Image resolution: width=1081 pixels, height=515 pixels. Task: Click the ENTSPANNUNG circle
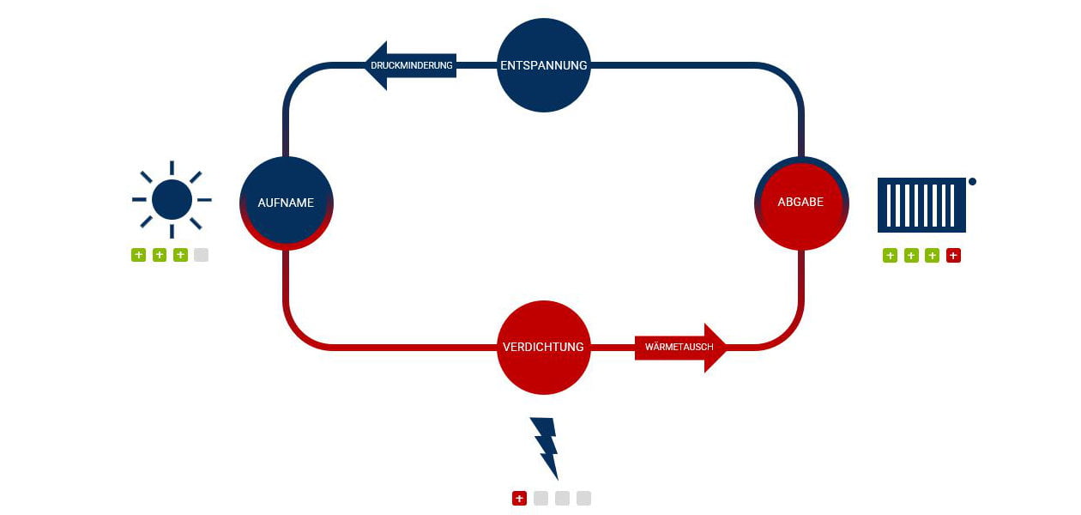[543, 65]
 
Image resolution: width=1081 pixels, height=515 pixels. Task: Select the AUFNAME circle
[286, 203]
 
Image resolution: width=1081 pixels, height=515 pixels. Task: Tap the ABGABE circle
[800, 203]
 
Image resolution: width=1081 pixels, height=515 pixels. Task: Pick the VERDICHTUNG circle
[543, 347]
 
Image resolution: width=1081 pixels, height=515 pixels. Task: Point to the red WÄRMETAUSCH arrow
[680, 347]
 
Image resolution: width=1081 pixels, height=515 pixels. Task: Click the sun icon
[172, 199]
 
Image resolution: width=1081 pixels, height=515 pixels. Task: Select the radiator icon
[921, 204]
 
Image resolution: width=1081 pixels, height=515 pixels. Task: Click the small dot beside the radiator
[972, 181]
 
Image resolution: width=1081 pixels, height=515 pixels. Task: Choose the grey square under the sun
[201, 255]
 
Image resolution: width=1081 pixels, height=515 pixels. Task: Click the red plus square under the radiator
[953, 255]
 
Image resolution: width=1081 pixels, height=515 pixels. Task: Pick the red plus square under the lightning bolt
[519, 498]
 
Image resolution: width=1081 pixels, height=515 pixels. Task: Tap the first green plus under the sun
[138, 255]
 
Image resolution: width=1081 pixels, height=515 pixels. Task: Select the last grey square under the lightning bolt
[583, 498]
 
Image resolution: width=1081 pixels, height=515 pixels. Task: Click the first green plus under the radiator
[890, 255]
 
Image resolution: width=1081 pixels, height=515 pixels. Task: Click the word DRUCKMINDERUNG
[412, 65]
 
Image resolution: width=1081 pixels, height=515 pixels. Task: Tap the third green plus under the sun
[180, 255]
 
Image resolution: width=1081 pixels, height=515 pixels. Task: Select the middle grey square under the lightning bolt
[562, 498]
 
